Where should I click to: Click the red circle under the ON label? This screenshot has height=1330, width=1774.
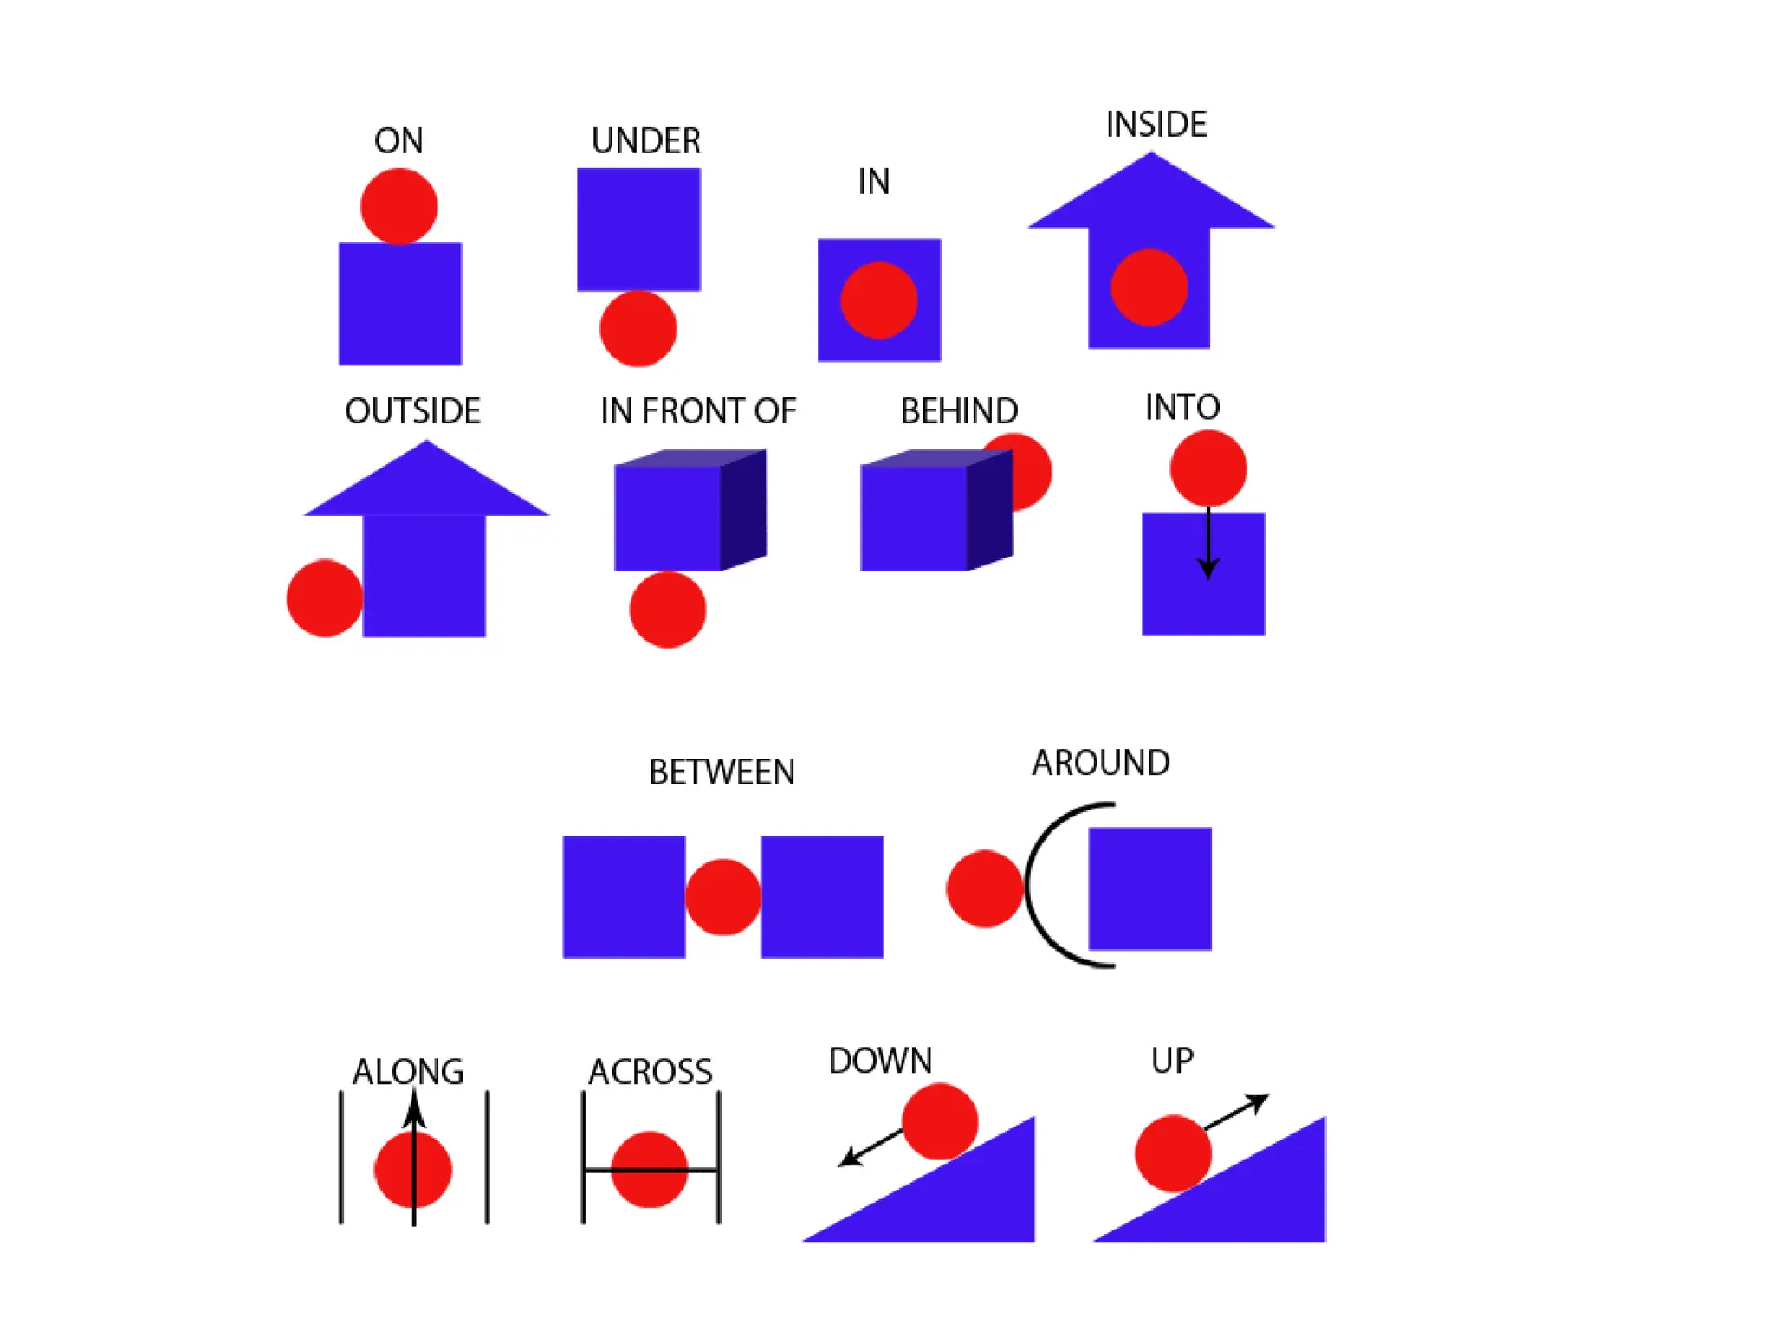coord(398,206)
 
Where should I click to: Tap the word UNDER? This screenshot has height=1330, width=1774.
coord(645,141)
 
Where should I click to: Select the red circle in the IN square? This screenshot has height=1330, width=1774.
coord(878,300)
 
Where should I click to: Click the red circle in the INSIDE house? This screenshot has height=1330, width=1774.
coord(1149,287)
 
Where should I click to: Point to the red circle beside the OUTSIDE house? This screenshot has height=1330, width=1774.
coord(323,598)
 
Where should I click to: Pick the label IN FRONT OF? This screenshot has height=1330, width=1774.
coord(698,411)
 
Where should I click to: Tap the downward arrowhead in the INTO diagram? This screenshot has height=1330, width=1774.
coord(1207,568)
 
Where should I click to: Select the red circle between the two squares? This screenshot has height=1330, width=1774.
coord(722,897)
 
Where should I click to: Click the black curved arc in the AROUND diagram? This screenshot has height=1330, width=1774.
coord(1031,883)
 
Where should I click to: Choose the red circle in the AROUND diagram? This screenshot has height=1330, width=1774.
coord(984,889)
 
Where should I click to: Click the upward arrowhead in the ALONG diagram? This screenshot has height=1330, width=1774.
coord(414,1108)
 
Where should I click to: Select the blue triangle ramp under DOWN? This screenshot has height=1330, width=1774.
coord(961,1204)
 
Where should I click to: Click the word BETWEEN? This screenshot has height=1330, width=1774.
coord(722,772)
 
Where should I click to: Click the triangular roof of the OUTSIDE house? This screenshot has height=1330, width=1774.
coord(425,485)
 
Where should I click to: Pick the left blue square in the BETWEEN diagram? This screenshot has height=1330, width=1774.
coord(624,897)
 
